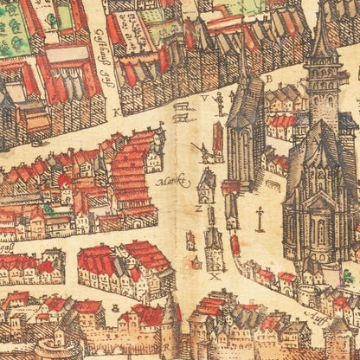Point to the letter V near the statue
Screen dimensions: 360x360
pyautogui.click(x=205, y=99)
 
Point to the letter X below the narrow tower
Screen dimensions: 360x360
pyautogui.click(x=215, y=276)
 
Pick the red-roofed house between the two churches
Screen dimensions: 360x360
pyautogui.click(x=280, y=125)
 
